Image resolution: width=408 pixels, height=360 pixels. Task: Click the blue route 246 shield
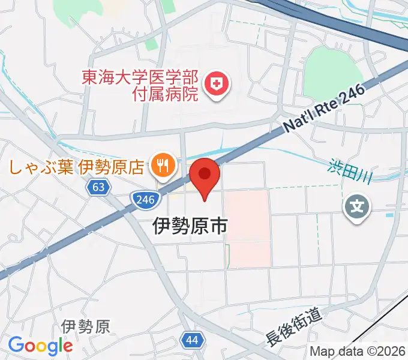click(x=143, y=199)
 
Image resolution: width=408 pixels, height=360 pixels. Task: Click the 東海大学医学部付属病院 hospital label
click(x=140, y=85)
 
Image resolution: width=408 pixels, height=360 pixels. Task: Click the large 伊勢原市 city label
click(x=190, y=226)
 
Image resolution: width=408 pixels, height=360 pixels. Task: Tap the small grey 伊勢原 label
click(x=85, y=327)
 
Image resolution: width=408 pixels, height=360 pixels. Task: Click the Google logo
click(x=40, y=346)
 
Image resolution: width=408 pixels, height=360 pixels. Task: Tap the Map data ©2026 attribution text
click(x=358, y=351)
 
